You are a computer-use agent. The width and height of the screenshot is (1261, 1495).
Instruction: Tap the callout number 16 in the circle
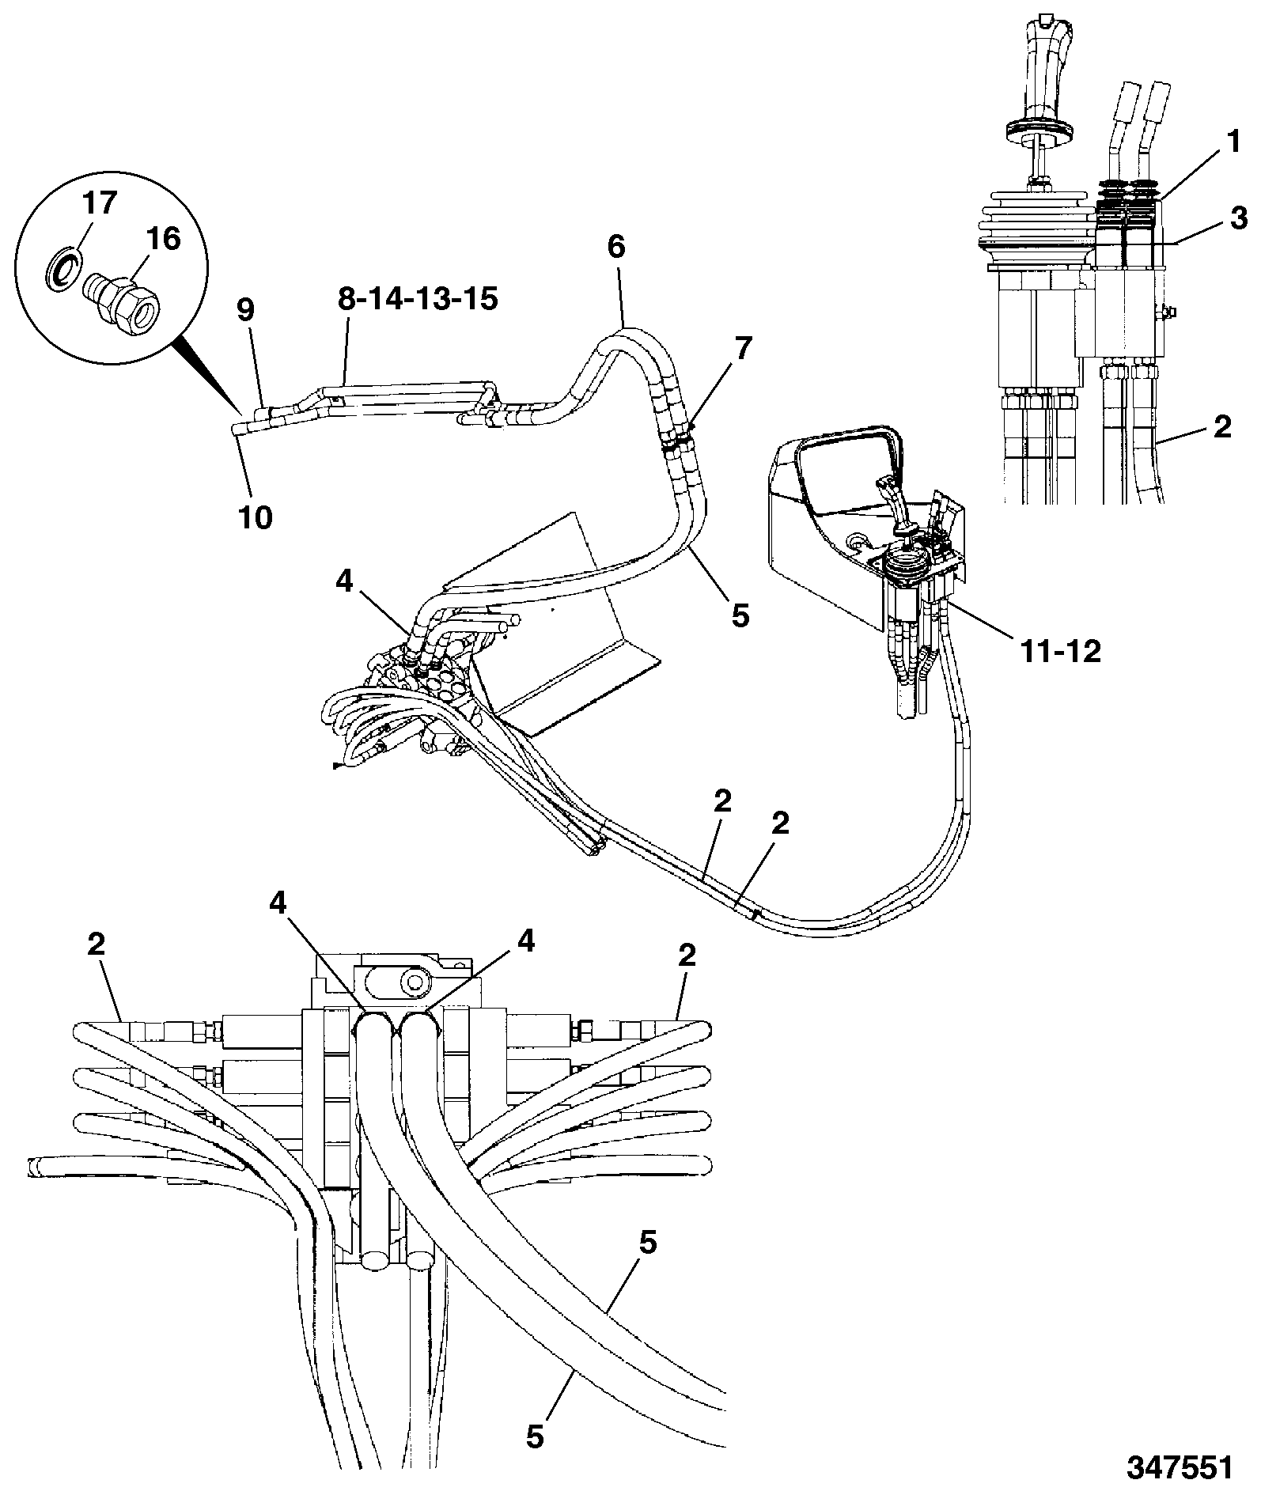(x=163, y=239)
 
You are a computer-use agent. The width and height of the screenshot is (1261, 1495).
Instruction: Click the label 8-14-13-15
(x=418, y=301)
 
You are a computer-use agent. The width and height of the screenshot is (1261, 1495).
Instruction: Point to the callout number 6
(x=617, y=247)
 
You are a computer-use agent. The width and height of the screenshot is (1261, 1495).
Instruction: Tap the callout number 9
(x=246, y=312)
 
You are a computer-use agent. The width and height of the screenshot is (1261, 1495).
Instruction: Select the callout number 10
(x=255, y=517)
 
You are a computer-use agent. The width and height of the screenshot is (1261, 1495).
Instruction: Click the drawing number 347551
(x=1180, y=1467)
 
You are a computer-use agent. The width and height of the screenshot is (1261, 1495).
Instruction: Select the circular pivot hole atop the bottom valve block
(x=414, y=982)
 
